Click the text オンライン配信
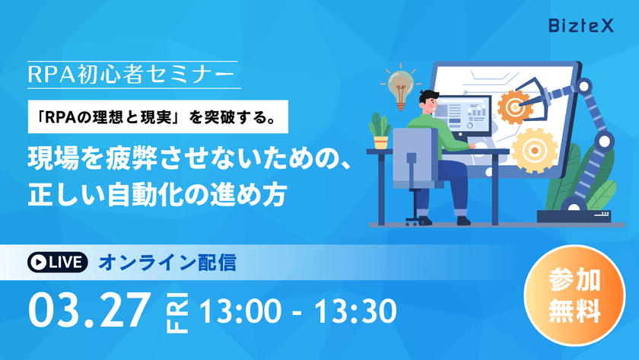point(167,263)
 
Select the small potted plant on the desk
point(380,131)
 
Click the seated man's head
point(428,100)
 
